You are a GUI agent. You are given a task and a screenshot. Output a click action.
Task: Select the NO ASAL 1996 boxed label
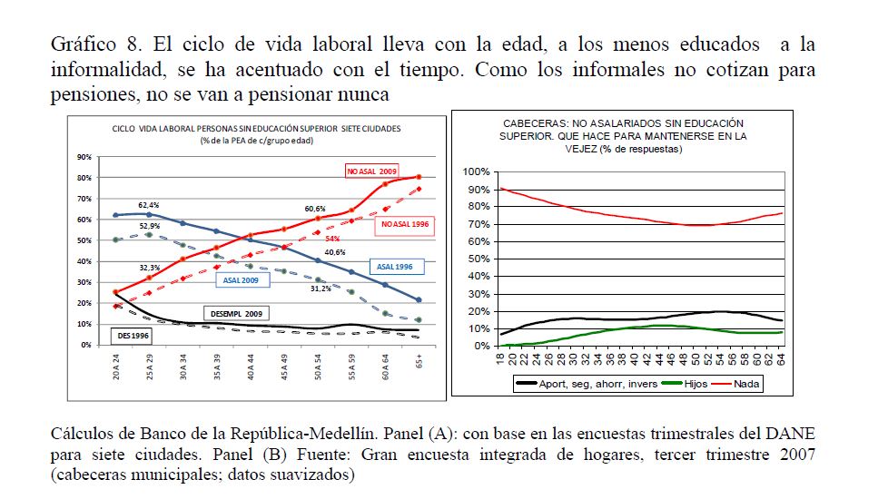[404, 223]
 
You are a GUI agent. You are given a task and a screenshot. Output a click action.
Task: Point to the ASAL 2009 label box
[241, 279]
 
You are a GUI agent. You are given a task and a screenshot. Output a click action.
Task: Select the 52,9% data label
[150, 225]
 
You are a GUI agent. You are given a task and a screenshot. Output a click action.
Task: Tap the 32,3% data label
[149, 268]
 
